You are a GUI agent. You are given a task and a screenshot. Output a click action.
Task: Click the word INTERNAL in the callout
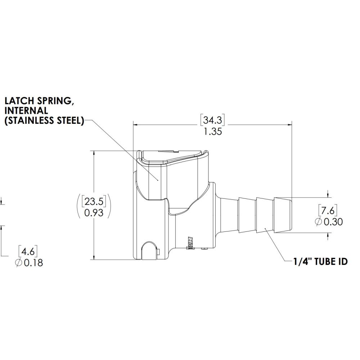pyautogui.click(x=26, y=110)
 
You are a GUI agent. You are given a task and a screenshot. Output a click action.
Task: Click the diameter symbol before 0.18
pyautogui.click(x=19, y=263)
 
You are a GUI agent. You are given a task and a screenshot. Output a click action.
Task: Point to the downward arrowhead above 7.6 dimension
pyautogui.click(x=328, y=195)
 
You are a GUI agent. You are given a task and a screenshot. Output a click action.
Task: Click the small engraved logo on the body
pyautogui.click(x=191, y=242)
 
